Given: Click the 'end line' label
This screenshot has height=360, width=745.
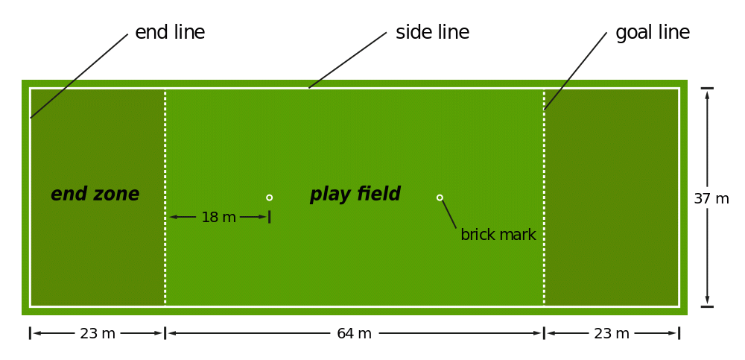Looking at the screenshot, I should (x=170, y=33).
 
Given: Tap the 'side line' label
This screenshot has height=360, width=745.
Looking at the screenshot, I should (x=432, y=33).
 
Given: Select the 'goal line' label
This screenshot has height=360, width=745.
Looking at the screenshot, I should (x=653, y=33).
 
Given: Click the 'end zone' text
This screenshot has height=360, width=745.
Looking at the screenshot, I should (x=95, y=195).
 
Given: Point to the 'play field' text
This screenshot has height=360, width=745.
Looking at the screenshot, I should (x=355, y=195).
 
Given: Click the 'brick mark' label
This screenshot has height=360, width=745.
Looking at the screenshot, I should (x=498, y=235).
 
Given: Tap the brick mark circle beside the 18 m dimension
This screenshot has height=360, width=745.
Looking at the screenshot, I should (x=269, y=198).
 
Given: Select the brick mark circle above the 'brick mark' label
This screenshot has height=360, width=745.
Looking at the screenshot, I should (x=440, y=198).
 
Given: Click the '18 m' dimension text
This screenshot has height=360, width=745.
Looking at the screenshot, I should (x=218, y=218).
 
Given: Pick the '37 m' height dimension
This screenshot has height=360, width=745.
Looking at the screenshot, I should (x=711, y=199).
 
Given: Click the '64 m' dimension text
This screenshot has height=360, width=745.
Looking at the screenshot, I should (x=354, y=334).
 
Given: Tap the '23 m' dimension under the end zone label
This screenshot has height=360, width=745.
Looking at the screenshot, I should (x=98, y=334).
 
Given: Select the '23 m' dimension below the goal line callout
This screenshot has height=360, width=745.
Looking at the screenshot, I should (x=612, y=334).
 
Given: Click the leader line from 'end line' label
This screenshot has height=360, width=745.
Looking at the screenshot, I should (x=79, y=75).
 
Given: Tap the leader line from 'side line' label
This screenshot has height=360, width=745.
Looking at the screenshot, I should (x=347, y=60).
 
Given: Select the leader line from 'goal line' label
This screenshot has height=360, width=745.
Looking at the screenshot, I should (x=575, y=71).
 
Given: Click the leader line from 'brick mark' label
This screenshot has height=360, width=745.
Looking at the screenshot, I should (x=448, y=213).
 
